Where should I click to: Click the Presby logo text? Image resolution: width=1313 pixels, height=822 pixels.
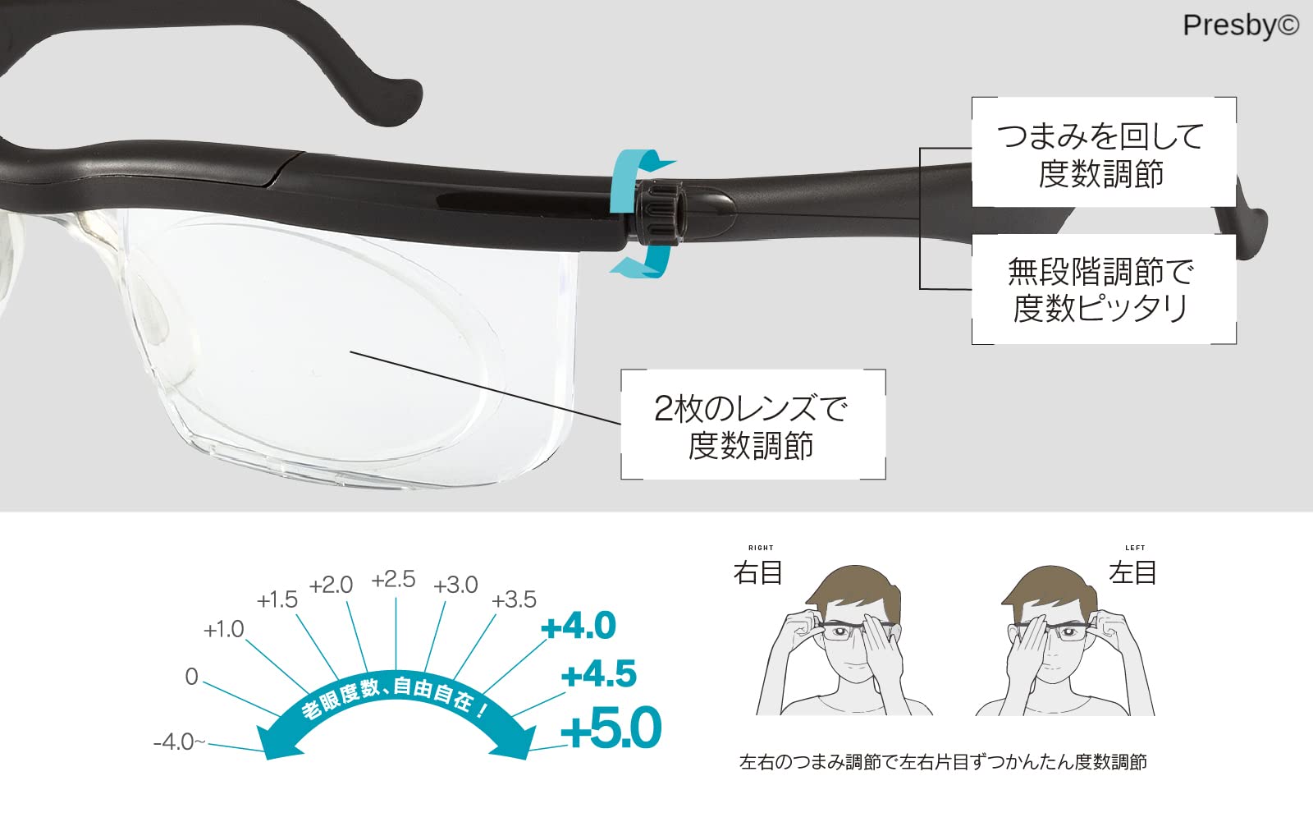pyautogui.click(x=1240, y=25)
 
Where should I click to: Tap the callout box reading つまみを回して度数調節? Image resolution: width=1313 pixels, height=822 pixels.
pyautogui.click(x=1103, y=154)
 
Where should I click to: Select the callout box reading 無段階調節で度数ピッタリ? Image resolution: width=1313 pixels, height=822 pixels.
pyautogui.click(x=1103, y=289)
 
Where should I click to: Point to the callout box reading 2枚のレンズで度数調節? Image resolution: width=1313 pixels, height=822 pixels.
pyautogui.click(x=752, y=425)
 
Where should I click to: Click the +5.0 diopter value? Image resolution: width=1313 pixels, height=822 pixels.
pyautogui.click(x=611, y=728)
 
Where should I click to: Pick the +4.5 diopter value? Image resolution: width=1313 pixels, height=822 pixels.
pyautogui.click(x=599, y=675)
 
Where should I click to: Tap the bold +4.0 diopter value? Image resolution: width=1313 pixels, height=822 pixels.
pyautogui.click(x=579, y=627)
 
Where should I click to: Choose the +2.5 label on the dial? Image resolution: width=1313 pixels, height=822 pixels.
pyautogui.click(x=394, y=580)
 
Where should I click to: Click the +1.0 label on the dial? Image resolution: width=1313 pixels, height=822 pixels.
pyautogui.click(x=224, y=630)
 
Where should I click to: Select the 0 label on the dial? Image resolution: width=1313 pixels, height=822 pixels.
pyautogui.click(x=191, y=677)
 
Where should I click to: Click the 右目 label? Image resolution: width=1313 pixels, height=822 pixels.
pyautogui.click(x=757, y=572)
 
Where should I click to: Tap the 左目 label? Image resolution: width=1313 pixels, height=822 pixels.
pyautogui.click(x=1132, y=572)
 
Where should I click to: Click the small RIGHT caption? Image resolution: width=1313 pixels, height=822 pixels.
pyautogui.click(x=761, y=548)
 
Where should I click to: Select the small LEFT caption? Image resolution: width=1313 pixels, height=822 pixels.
pyautogui.click(x=1136, y=548)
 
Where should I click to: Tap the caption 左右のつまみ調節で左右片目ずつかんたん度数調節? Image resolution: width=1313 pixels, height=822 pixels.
pyautogui.click(x=943, y=763)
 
